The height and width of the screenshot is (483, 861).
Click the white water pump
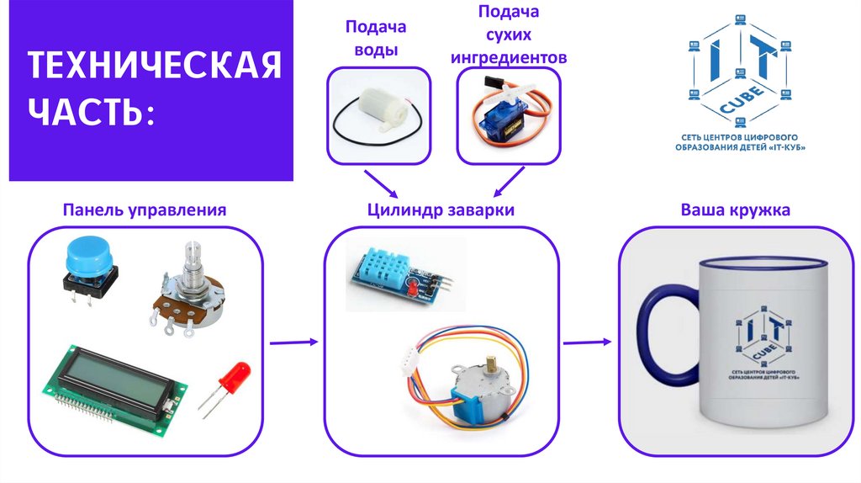coord(378,117)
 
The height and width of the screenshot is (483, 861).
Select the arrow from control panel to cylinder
coord(293,342)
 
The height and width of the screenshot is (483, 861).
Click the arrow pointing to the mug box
coord(586,342)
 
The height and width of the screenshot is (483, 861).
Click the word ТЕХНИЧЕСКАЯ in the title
coord(156,66)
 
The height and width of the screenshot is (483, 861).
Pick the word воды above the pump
coord(376,50)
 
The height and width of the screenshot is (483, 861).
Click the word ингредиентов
coord(509,57)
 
